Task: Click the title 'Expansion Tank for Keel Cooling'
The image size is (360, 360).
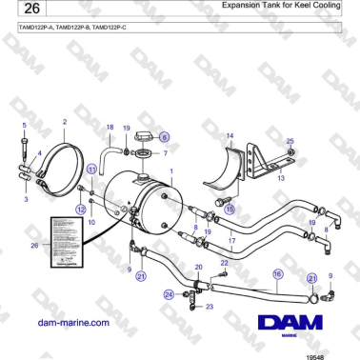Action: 276,7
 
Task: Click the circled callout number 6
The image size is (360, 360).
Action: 163,136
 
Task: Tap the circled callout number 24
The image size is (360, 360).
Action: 169,295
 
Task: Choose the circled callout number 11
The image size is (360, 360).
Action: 92,169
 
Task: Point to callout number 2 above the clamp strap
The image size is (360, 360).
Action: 64,122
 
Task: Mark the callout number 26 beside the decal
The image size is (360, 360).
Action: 35,244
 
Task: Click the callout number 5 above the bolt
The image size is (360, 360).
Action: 24,126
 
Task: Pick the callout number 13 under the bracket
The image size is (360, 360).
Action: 280,177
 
